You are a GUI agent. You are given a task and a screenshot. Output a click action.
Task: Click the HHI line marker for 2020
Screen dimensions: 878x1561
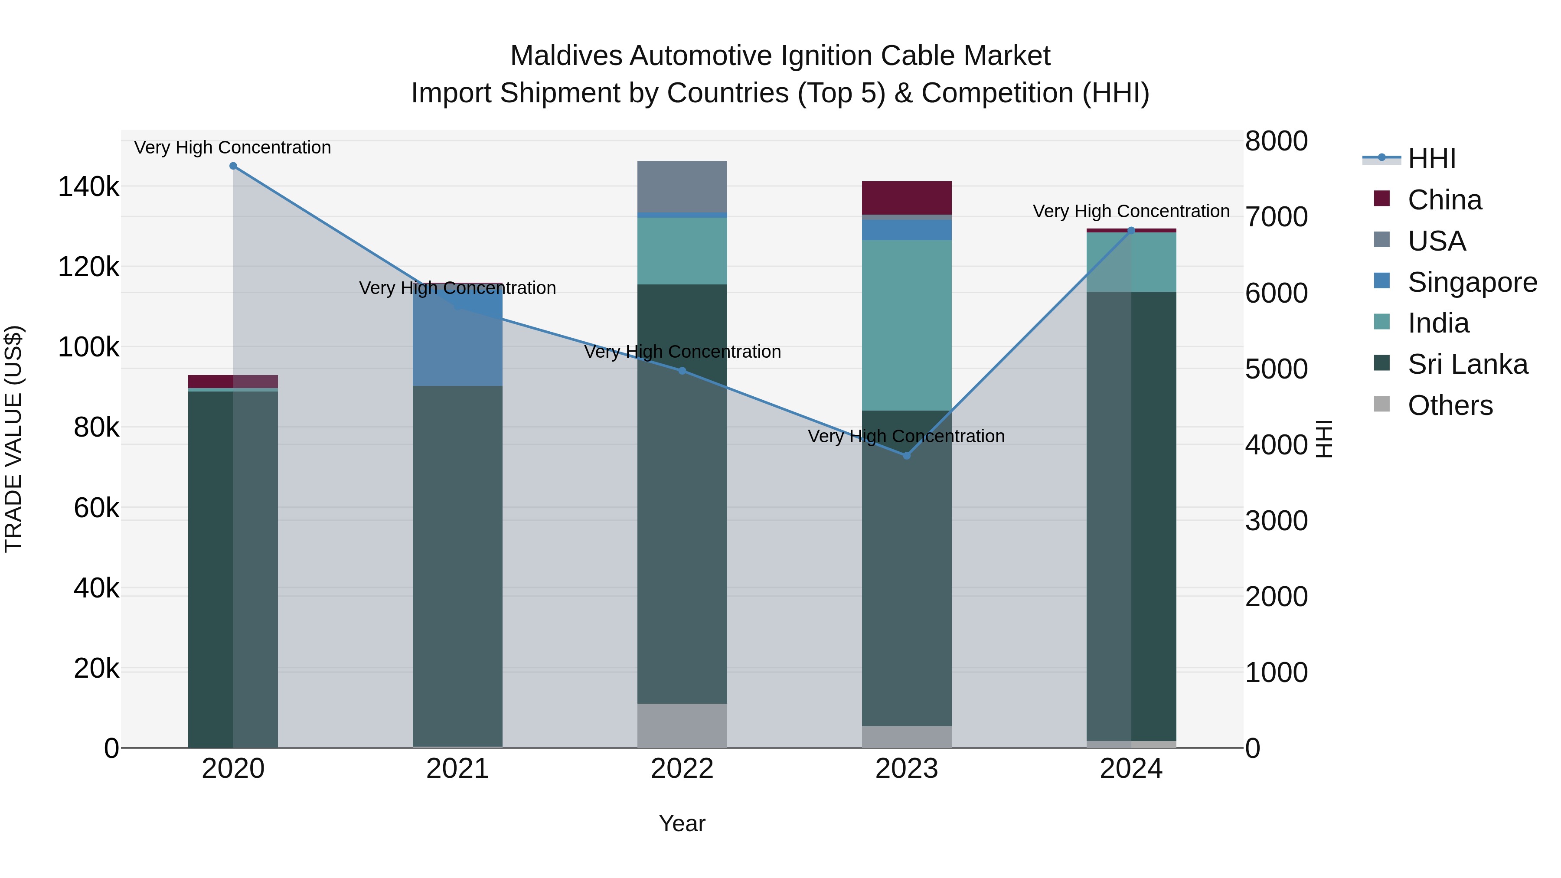233,166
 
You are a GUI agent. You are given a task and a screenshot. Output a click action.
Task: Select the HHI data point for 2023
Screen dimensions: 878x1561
907,456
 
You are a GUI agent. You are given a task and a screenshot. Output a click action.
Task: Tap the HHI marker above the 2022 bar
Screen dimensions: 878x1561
683,371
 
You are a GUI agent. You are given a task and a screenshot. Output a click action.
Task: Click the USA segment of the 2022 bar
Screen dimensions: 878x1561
683,186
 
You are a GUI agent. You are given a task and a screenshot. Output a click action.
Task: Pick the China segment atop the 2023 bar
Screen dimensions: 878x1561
907,198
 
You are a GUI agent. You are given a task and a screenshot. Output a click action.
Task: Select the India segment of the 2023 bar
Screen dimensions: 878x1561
907,325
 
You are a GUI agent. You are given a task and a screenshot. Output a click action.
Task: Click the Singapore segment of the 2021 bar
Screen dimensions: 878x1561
457,339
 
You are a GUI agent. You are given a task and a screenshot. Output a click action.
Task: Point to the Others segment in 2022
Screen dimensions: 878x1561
683,725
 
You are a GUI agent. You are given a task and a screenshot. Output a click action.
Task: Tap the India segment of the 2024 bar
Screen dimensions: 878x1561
1131,262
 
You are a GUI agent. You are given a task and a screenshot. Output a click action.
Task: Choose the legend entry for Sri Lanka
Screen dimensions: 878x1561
1467,364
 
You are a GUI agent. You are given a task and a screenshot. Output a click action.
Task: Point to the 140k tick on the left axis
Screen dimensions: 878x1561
88,186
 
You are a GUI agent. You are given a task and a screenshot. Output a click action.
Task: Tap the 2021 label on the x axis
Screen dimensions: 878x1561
457,769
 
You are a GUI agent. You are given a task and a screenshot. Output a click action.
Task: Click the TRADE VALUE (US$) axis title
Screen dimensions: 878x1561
14,439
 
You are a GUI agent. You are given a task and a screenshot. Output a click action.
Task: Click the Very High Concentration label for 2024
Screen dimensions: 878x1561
1131,212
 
